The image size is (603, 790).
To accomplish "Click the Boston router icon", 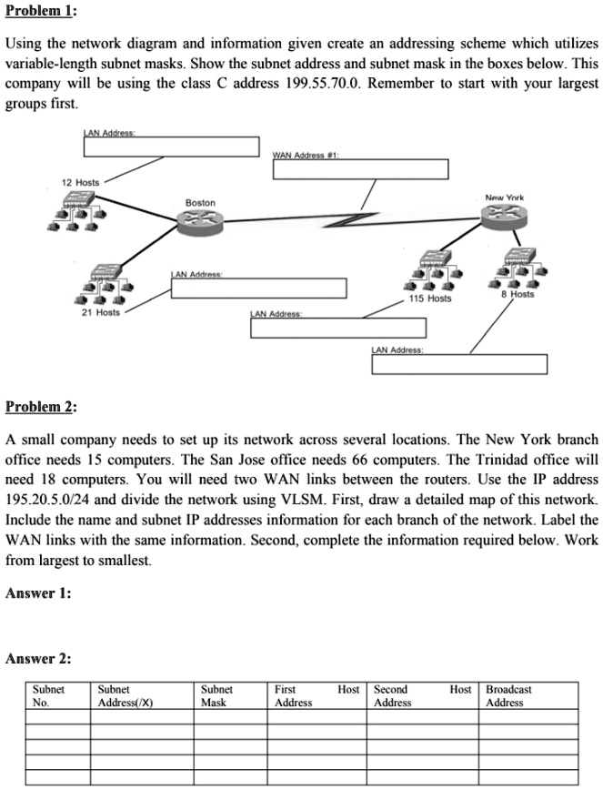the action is (x=200, y=221).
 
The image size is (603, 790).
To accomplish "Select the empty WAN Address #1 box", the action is (x=360, y=169).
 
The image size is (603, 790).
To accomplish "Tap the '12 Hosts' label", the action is (x=81, y=182).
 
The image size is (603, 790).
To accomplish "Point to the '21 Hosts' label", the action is (x=101, y=312).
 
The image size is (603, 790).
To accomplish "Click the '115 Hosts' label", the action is (x=430, y=299).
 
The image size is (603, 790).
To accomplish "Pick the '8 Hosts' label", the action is (x=518, y=294).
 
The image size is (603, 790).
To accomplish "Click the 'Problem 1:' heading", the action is (x=40, y=11).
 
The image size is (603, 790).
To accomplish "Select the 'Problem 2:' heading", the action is (x=41, y=406).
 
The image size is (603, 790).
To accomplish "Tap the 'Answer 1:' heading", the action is (x=38, y=593).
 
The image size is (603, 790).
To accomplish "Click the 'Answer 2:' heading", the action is (x=38, y=659).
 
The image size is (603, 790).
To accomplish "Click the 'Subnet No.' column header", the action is (x=48, y=695).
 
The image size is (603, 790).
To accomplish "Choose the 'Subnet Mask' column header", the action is (x=216, y=695).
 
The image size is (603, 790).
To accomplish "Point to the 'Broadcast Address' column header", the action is (x=508, y=695).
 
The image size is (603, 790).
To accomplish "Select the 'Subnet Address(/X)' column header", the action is (x=126, y=695).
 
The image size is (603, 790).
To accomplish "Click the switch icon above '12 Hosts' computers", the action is (x=79, y=199).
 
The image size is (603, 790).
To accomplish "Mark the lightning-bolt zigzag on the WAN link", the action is (x=350, y=219).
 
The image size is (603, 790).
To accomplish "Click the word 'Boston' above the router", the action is (x=200, y=203).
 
